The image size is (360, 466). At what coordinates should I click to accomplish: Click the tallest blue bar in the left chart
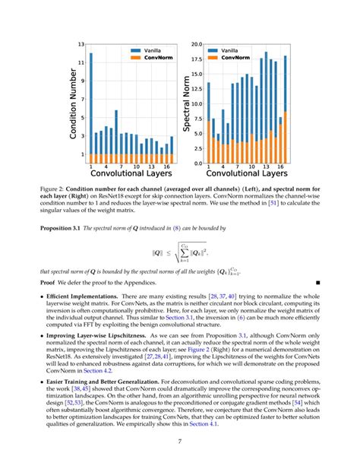coord(91,103)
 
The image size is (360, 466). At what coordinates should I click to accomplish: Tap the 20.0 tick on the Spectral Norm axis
coord(196,45)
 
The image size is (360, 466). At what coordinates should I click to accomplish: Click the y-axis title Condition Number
coord(74,103)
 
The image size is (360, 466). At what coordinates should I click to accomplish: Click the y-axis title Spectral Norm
coord(186,104)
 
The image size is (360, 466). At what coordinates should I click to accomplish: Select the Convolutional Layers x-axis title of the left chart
coord(131,174)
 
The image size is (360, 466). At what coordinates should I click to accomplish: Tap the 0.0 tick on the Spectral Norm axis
coord(197,163)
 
